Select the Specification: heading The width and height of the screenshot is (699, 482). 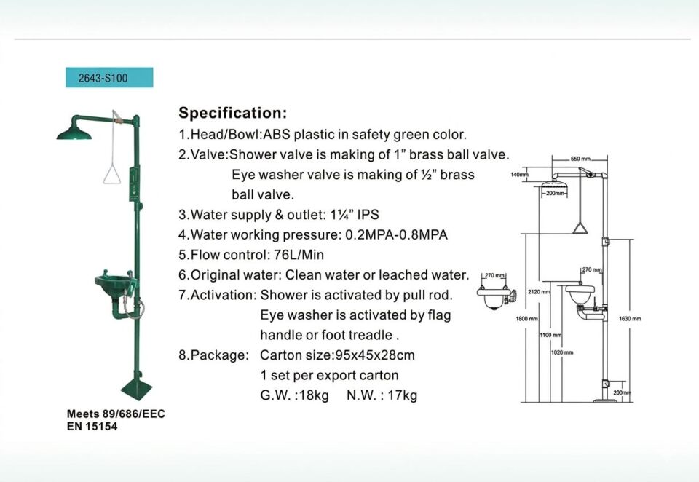[233, 113]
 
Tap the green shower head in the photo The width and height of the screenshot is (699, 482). [74, 132]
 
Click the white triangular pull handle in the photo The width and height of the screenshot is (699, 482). [112, 174]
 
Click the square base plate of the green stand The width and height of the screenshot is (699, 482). [138, 389]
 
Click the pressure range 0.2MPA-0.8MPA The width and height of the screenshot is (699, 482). [396, 234]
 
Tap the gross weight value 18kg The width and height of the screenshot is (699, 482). [315, 395]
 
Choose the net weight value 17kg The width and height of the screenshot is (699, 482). [403, 395]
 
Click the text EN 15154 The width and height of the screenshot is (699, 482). [92, 426]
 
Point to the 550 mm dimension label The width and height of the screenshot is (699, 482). [580, 159]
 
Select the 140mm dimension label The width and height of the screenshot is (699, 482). [519, 174]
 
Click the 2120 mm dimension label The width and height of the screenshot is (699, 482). [539, 292]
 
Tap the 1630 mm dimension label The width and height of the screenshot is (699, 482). [630, 318]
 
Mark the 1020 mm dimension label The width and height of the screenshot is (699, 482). [562, 352]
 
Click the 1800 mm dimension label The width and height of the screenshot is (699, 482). [527, 319]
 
